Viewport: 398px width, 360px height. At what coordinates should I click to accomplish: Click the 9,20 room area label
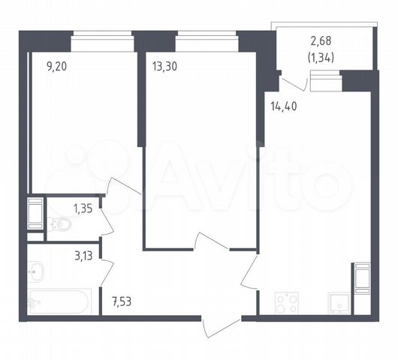56,67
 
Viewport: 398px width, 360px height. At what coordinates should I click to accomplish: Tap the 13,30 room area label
164,67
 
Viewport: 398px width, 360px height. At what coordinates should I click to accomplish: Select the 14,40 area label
284,106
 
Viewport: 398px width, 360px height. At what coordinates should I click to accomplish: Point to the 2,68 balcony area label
321,40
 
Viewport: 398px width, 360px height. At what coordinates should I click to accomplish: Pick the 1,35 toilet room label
83,209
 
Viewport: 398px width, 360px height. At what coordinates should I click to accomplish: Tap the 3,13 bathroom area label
83,256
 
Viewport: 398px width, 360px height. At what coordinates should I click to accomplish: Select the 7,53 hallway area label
122,301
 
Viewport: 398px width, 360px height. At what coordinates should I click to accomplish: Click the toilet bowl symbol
60,223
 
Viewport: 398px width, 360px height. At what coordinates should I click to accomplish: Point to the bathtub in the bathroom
59,301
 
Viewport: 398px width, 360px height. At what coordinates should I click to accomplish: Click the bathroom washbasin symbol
36,271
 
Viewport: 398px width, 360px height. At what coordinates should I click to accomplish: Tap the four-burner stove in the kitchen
287,304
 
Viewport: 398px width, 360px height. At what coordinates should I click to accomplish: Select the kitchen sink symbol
339,304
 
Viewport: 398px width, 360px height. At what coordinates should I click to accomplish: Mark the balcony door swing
294,85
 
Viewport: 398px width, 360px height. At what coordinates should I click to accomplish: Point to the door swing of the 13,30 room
212,240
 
